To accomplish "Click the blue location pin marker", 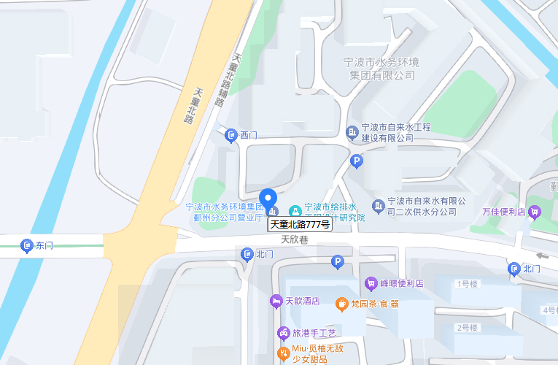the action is pos(268,199).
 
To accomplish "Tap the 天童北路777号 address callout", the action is pos(301,225).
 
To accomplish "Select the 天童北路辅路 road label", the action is pos(228,80).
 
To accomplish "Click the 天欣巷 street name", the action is pos(295,239).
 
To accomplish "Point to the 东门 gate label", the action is pos(44,245).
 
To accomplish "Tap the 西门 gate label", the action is pos(249,135).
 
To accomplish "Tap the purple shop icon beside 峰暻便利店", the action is pos(371,283).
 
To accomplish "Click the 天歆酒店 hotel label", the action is pos(302,301).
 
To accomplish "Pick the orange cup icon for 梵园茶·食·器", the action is pos(341,304).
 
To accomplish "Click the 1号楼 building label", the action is pos(467,283).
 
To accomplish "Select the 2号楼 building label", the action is pos(467,328).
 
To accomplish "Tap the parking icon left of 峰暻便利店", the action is pos(337,261).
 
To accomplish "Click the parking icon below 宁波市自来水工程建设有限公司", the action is pos(357,161).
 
